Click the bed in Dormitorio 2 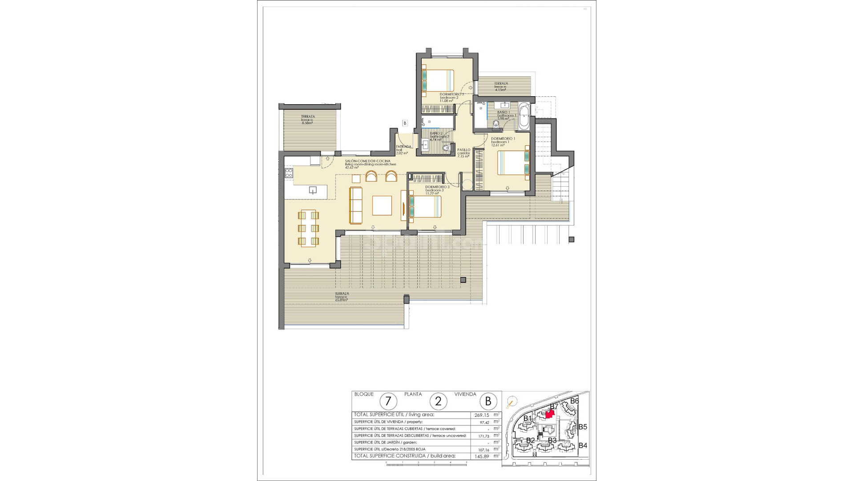coord(438,81)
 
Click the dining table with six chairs coord(308,228)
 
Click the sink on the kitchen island coord(313,191)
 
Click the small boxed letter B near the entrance coord(405,122)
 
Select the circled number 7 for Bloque coord(388,401)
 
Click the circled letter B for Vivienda coord(488,401)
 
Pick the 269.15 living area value coord(482,415)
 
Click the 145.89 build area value coord(482,456)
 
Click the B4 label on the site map coord(583,445)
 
